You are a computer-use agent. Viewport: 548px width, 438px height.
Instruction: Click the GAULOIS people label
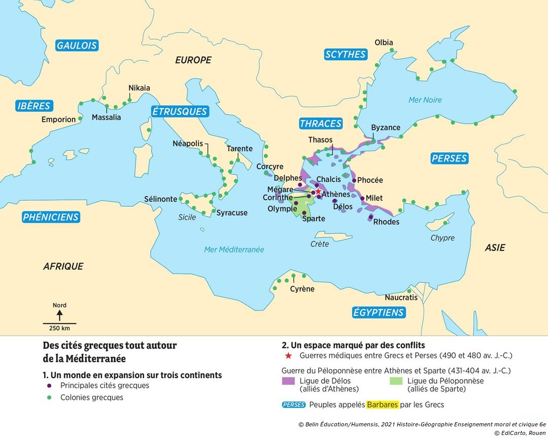(77, 45)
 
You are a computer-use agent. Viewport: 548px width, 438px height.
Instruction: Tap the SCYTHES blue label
(346, 54)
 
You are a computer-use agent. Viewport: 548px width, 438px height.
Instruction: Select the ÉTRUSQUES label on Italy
(180, 112)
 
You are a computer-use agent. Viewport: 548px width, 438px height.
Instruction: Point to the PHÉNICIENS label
(51, 217)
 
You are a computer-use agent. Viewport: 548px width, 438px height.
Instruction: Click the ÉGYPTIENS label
(379, 312)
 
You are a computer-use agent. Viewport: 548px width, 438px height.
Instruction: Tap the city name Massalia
(106, 118)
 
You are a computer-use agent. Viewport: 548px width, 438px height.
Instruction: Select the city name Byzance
(386, 127)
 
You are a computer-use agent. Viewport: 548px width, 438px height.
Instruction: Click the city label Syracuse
(232, 212)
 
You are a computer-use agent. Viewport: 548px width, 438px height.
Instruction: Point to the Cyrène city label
(302, 289)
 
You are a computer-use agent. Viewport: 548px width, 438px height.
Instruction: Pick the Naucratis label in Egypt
(401, 298)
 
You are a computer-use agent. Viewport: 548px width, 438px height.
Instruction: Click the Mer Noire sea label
(425, 100)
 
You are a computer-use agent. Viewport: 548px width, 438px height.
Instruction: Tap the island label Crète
(320, 244)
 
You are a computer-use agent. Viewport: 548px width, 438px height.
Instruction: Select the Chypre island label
(442, 238)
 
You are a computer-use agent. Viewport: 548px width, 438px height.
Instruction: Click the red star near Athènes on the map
(318, 192)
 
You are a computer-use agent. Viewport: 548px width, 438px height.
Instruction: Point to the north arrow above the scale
(59, 315)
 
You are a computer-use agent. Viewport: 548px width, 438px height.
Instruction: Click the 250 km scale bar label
(59, 328)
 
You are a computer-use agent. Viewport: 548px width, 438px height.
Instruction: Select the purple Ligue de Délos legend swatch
(288, 381)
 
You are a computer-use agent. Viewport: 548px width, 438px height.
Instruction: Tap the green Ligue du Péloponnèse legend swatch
(396, 381)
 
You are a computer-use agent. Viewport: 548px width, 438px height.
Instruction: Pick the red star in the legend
(289, 355)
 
